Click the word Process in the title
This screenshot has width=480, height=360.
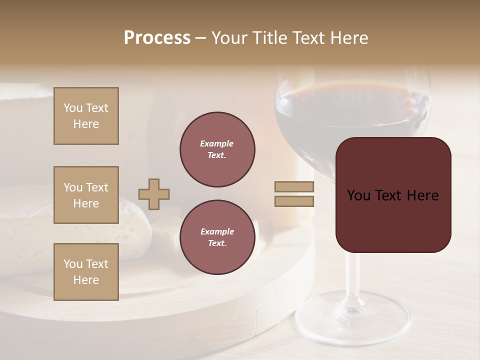click(x=157, y=38)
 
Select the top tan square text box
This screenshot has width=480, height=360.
click(x=86, y=116)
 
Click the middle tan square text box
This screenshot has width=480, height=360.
click(x=86, y=195)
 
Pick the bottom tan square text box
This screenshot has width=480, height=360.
click(x=86, y=271)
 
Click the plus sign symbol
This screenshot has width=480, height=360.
click(x=154, y=194)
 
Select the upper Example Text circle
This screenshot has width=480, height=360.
click(x=217, y=149)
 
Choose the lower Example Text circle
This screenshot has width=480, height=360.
click(x=217, y=237)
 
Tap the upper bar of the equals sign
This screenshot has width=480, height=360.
click(x=294, y=186)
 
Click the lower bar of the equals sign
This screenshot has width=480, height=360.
click(x=294, y=201)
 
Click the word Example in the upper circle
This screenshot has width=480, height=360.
click(x=217, y=143)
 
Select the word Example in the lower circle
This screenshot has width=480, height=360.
click(x=217, y=231)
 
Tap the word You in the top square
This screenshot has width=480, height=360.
click(x=72, y=108)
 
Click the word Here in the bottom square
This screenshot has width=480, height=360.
click(x=86, y=280)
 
